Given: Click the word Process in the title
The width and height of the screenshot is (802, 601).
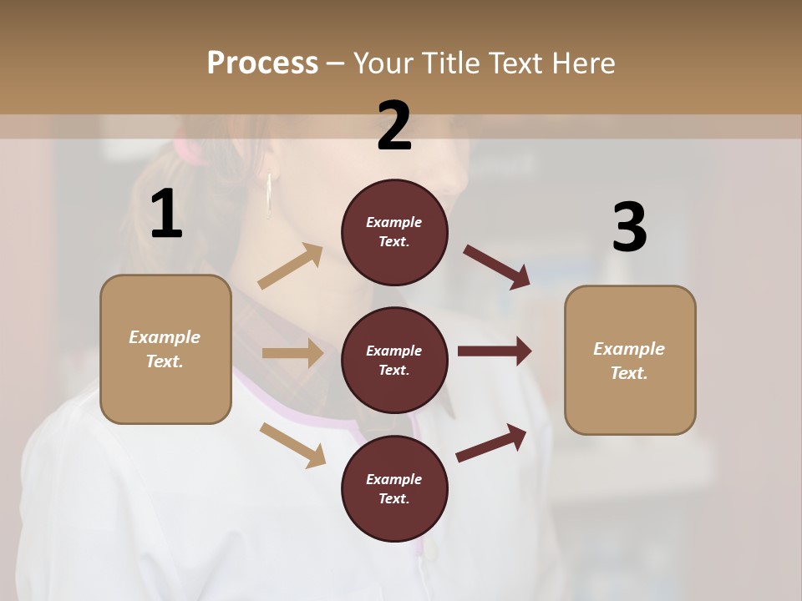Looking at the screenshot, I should tap(262, 63).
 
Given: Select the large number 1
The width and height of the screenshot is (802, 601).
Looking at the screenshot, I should tap(166, 215).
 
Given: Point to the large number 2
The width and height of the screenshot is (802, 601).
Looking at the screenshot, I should tap(394, 126).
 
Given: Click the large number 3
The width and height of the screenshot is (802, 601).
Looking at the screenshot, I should tap(629, 228).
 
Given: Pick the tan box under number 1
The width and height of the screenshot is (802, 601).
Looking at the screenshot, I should tap(165, 349).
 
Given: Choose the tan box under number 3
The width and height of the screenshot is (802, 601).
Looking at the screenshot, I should tap(630, 360).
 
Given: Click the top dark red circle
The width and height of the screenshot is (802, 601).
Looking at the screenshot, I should tap(394, 232).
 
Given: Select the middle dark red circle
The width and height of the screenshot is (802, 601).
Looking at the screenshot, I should tap(394, 360).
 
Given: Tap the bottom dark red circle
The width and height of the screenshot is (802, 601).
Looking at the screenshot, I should tap(394, 488).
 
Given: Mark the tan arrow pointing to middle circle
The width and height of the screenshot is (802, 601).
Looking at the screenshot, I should tap(292, 353).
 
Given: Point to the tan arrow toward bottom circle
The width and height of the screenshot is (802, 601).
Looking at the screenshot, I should tap(293, 444).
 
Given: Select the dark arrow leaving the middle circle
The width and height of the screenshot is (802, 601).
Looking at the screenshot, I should tap(495, 351).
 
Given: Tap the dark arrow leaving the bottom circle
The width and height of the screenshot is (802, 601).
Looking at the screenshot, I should tap(492, 443).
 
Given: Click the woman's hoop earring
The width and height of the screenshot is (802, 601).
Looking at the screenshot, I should tap(269, 196).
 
